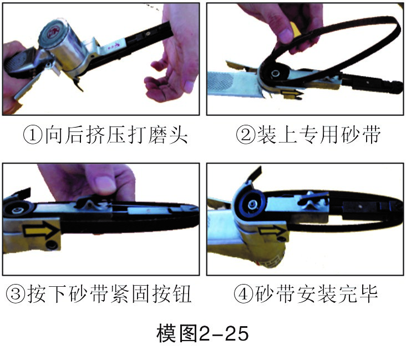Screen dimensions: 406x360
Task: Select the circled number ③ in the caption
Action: (x=16, y=294)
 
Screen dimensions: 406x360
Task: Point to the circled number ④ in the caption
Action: (x=243, y=294)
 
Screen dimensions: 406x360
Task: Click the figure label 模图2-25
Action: (x=202, y=333)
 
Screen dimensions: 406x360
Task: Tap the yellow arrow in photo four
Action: (x=271, y=231)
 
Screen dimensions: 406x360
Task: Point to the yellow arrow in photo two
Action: (x=292, y=93)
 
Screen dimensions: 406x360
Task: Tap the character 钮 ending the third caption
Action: (x=182, y=294)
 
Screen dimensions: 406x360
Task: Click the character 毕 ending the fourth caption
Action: (x=368, y=294)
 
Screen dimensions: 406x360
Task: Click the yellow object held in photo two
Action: (x=295, y=29)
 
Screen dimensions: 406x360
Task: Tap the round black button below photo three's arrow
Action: (x=51, y=245)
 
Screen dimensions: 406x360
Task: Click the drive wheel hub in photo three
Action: (x=18, y=209)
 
